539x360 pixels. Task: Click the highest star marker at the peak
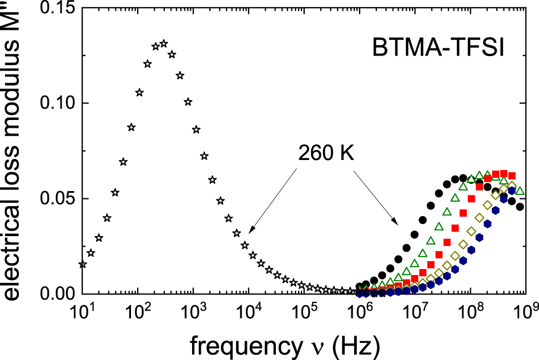click(164, 43)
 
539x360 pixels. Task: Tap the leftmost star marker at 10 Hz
click(83, 264)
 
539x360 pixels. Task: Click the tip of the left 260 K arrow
click(249, 232)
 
